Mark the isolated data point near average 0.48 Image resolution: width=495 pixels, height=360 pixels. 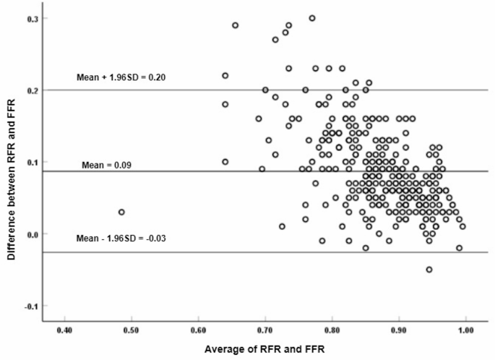121,213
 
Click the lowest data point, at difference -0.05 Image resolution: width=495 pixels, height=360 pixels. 429,270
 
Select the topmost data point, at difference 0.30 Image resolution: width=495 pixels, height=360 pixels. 312,18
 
